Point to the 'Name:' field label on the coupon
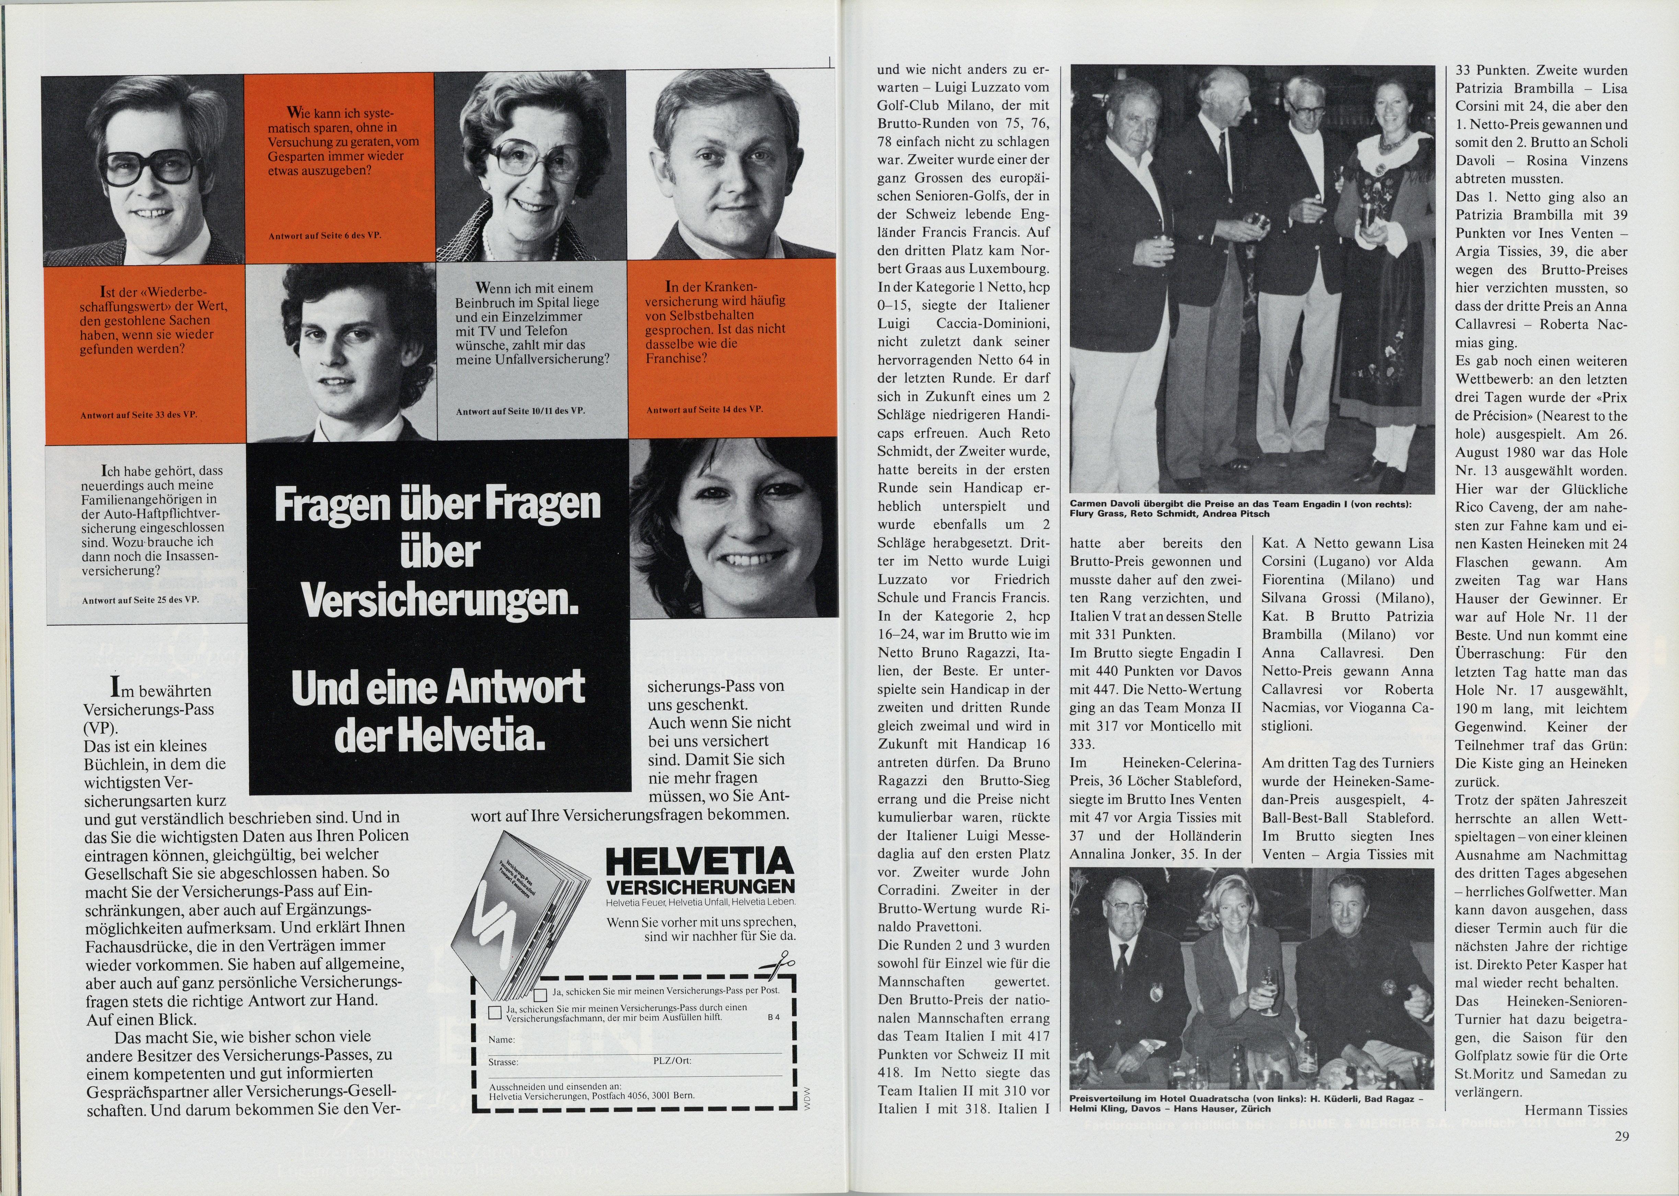(502, 1040)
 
